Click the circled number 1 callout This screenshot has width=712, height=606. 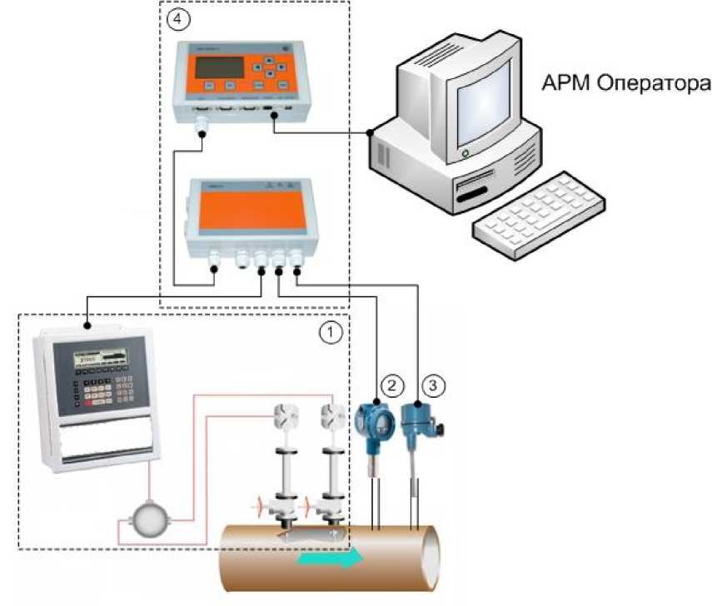(x=331, y=333)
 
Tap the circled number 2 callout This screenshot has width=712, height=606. (x=392, y=385)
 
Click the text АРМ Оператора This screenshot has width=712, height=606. (x=626, y=84)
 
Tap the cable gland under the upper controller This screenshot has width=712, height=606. (x=202, y=126)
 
